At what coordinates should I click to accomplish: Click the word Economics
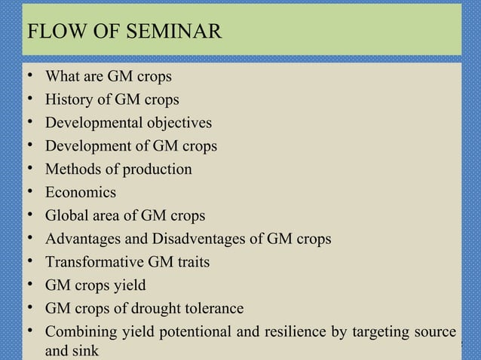[x=81, y=193]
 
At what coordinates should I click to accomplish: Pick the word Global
[x=66, y=216]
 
